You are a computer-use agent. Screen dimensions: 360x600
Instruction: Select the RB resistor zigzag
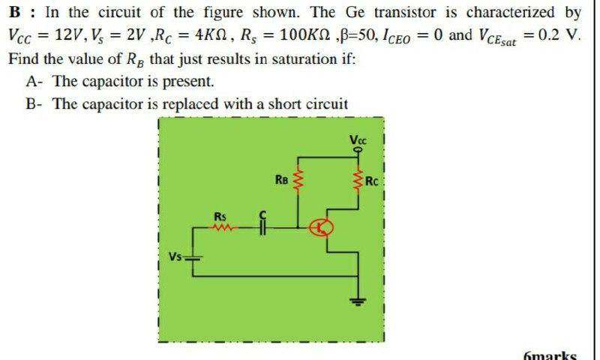point(301,181)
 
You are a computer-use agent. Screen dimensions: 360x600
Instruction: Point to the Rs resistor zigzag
point(223,228)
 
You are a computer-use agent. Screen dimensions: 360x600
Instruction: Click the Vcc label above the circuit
point(358,139)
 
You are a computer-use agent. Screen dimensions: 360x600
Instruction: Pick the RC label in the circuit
point(373,181)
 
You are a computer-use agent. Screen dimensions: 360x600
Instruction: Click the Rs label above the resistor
point(220,217)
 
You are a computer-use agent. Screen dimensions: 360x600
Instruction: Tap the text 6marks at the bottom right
point(551,354)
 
